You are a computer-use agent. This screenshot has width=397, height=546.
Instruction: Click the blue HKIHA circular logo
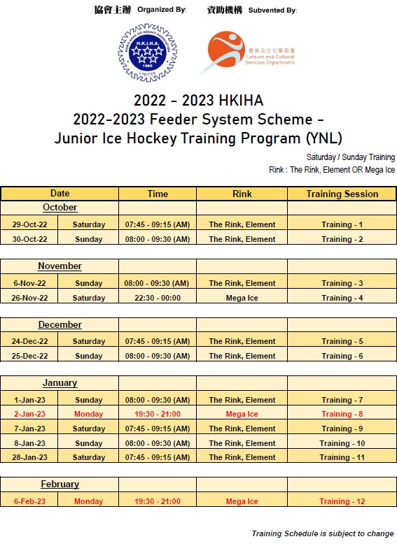[148, 53]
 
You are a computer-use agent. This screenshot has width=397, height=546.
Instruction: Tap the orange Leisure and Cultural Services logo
[248, 52]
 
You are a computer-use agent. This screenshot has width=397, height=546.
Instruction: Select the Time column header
[158, 194]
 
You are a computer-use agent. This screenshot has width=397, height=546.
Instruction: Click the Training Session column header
[342, 194]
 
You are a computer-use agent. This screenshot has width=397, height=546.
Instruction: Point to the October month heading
[60, 208]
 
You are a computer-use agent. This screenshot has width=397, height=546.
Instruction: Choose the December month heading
[60, 325]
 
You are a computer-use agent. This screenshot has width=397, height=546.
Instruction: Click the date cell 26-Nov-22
[29, 298]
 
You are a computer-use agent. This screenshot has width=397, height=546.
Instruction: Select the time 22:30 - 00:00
[158, 298]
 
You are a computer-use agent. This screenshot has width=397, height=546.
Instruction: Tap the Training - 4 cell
[342, 298]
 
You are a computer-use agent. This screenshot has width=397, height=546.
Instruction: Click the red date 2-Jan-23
[29, 414]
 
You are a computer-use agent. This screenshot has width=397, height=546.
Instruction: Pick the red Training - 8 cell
[342, 414]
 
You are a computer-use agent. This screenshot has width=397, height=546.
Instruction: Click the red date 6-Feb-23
[29, 501]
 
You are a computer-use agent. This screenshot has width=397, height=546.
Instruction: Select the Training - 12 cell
[342, 501]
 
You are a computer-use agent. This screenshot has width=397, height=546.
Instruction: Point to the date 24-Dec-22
[29, 341]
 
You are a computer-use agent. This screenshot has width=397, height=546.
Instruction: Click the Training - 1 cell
[342, 224]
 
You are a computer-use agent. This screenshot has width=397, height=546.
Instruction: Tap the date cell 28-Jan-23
[29, 457]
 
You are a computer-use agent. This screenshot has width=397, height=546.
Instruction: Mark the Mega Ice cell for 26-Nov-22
[242, 298]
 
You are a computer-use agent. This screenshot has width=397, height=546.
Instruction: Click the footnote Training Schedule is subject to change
[323, 533]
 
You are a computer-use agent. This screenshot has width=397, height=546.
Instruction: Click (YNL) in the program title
[324, 138]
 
